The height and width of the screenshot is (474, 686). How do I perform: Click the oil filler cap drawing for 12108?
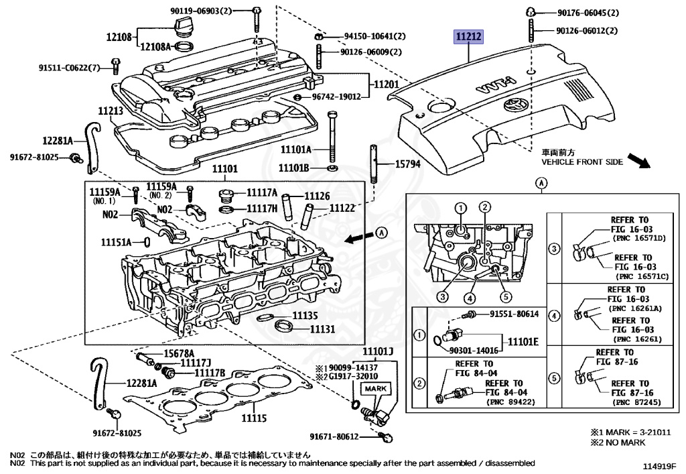pos(184,27)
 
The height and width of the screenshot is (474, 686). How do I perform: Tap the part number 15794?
pos(407,164)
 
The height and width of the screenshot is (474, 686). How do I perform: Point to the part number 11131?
pos(322,329)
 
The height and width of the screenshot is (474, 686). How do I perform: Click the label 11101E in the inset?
pos(523,341)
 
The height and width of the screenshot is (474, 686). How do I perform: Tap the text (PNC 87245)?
pos(638,403)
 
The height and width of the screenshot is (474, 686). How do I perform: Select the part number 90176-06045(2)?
pos(588,13)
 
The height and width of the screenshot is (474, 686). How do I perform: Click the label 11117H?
pos(262,209)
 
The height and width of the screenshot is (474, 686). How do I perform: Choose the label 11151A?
pos(117,241)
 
